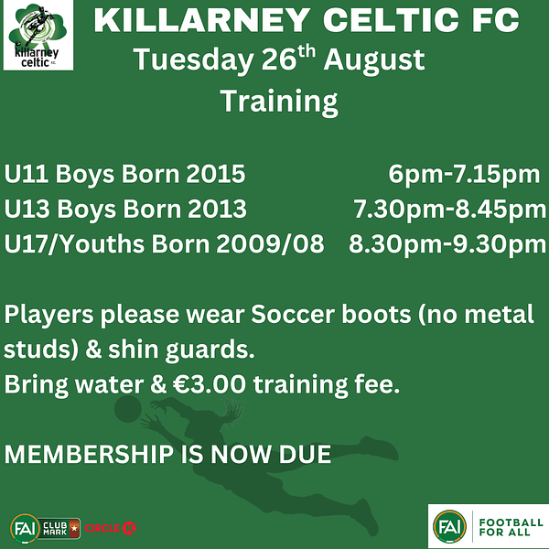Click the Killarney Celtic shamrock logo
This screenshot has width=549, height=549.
38,36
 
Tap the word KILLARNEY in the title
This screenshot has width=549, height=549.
202,20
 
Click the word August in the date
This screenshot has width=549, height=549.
374,60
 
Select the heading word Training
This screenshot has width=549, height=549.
279,102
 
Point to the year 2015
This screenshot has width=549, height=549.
215,174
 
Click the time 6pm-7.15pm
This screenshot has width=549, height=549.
464,175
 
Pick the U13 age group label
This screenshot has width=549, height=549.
27,209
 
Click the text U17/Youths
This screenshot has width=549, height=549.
74,244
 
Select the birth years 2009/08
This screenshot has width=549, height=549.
270,244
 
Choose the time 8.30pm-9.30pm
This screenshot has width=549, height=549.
447,245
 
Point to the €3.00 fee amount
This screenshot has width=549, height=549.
210,384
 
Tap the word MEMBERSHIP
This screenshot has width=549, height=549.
89,454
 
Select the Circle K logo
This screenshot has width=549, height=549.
111,528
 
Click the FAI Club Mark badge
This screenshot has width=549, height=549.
45,528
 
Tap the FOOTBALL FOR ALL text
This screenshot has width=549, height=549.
511,527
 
